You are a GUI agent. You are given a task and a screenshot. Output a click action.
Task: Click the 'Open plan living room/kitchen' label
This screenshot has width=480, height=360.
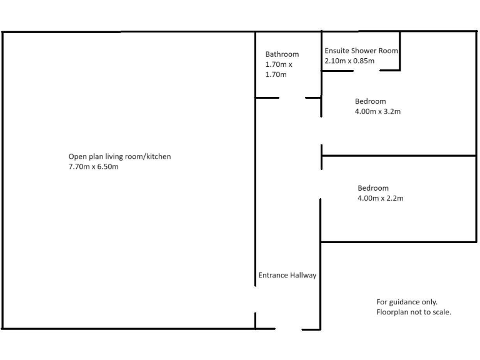(x=119, y=156)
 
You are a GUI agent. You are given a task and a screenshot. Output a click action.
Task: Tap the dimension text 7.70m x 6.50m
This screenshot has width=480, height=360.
(x=93, y=167)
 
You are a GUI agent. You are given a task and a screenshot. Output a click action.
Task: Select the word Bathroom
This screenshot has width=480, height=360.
(x=282, y=54)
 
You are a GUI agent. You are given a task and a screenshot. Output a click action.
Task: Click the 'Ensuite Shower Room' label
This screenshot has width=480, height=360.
(x=361, y=51)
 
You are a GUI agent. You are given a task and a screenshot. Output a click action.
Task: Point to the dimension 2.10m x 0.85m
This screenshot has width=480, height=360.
(x=349, y=61)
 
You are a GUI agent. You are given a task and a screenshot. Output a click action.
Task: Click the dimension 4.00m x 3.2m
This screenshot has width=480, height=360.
(x=377, y=112)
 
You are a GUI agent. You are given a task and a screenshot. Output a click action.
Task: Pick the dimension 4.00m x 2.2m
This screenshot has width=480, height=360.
(x=381, y=198)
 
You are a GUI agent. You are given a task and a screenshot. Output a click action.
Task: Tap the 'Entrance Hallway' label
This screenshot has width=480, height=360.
(x=287, y=275)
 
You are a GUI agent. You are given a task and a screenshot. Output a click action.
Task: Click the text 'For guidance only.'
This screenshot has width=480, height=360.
(x=407, y=301)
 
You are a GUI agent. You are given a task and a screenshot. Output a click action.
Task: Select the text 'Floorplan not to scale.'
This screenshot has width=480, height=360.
(x=414, y=312)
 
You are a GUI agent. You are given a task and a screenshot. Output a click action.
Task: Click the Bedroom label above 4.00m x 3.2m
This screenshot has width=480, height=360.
(x=371, y=101)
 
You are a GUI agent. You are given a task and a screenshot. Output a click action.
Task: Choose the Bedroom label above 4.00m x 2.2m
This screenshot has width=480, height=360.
(x=373, y=188)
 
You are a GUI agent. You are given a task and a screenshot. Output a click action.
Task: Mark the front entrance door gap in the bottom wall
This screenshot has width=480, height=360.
(x=289, y=329)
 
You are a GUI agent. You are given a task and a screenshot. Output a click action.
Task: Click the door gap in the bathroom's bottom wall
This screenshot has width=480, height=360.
(x=292, y=97)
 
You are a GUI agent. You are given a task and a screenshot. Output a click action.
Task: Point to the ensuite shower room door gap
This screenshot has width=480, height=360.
(x=367, y=71)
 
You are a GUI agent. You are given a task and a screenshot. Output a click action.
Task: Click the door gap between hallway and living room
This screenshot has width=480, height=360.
(x=256, y=299)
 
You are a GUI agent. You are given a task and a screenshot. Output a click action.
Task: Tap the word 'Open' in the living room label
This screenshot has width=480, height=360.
(x=77, y=156)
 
